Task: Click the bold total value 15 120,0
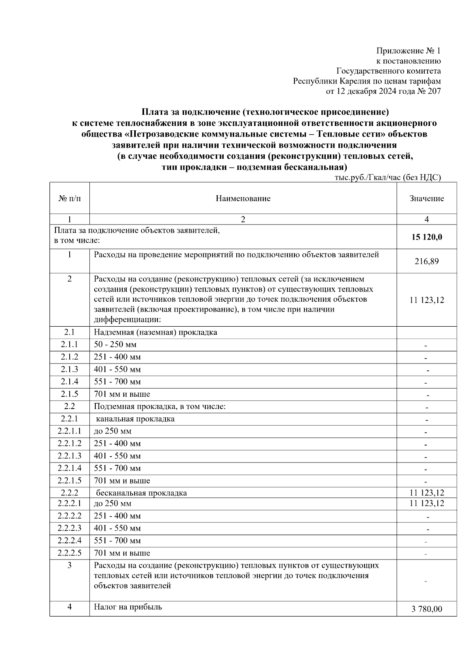point(427,237)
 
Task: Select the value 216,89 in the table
point(427,261)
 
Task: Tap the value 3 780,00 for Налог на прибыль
point(427,609)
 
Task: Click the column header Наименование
point(243,198)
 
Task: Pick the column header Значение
point(427,198)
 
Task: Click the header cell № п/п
point(70,198)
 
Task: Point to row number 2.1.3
point(70,369)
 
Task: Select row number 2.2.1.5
point(70,480)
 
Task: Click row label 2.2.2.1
point(70,503)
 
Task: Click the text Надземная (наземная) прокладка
point(156,332)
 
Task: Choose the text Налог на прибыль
point(128,607)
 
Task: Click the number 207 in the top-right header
point(434,91)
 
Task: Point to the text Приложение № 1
point(408,51)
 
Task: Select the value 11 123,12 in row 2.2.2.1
point(427,503)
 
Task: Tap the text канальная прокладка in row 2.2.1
point(135,419)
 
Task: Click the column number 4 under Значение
point(427,219)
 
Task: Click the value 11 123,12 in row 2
point(427,300)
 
